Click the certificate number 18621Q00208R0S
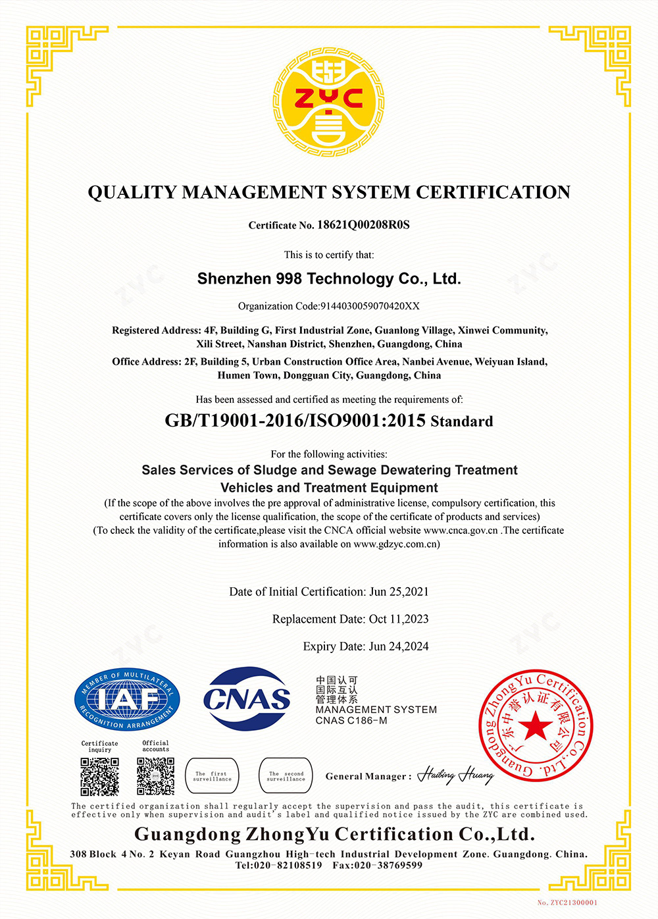tap(363, 225)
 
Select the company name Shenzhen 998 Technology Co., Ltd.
tap(329, 279)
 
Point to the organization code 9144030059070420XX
tap(370, 306)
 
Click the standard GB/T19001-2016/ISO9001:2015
tap(295, 421)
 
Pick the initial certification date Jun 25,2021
tap(399, 592)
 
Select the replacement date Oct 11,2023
tap(399, 619)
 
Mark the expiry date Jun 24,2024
tap(399, 646)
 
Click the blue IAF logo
tap(127, 700)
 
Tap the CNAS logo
tap(247, 698)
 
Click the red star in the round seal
tap(536, 727)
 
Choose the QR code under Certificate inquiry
tap(100, 777)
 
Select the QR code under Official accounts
tap(156, 776)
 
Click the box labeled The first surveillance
tap(213, 776)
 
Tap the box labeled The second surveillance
tap(286, 776)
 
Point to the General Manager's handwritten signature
tap(455, 775)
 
